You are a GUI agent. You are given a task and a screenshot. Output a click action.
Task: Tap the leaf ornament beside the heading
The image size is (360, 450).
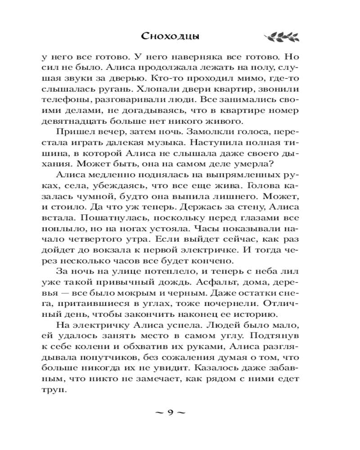pyautogui.click(x=279, y=36)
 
